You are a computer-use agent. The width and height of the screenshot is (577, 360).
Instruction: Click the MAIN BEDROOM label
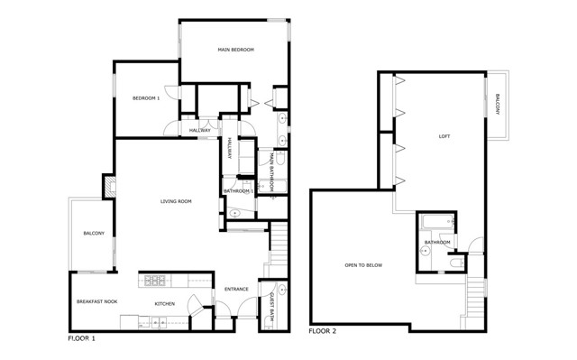(x=235, y=50)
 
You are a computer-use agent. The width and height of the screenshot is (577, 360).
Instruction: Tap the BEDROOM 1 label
(x=146, y=98)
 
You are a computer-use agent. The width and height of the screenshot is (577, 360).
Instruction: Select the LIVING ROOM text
(x=177, y=201)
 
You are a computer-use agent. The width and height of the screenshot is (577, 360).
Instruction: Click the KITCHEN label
(x=164, y=303)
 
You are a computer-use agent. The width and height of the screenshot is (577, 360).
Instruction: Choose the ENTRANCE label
(x=236, y=289)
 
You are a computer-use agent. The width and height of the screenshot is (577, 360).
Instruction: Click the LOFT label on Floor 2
(x=444, y=136)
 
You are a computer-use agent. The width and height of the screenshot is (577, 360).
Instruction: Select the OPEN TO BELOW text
(x=364, y=265)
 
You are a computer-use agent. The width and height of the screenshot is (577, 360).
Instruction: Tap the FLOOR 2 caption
(x=324, y=331)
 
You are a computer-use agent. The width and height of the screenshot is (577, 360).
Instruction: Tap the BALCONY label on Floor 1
(x=94, y=234)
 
